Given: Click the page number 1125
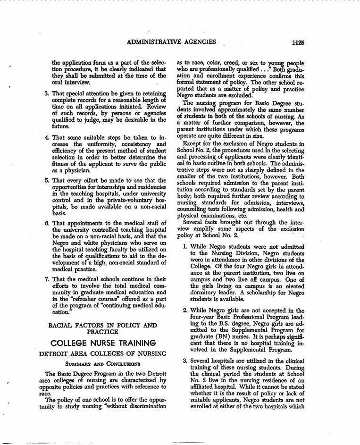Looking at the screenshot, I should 297,42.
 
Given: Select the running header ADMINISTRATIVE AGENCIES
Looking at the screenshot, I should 172,42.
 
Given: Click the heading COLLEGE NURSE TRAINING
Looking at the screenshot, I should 103,342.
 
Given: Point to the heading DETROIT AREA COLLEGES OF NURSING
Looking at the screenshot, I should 103,353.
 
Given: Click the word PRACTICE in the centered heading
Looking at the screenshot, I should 103,332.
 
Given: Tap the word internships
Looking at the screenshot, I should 102,187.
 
